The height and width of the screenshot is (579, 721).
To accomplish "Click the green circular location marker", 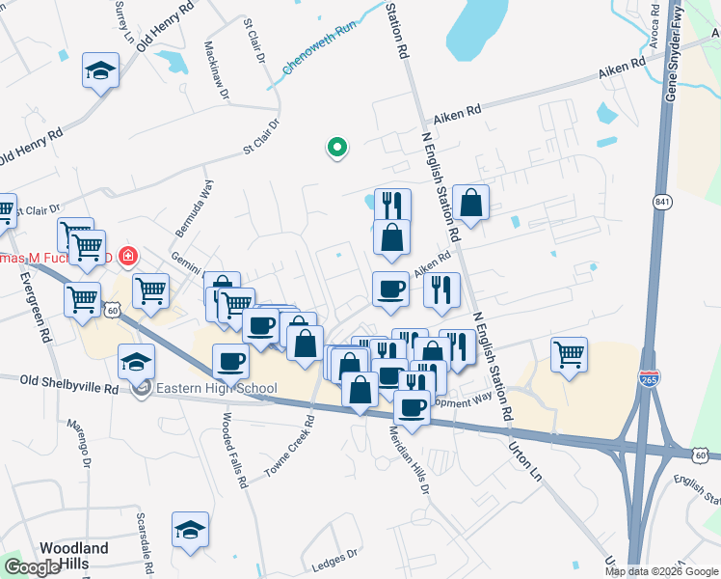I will [x=337, y=148].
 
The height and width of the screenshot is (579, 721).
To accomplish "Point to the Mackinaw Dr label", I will [x=216, y=70].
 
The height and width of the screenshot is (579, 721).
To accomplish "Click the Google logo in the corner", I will [x=32, y=567].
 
